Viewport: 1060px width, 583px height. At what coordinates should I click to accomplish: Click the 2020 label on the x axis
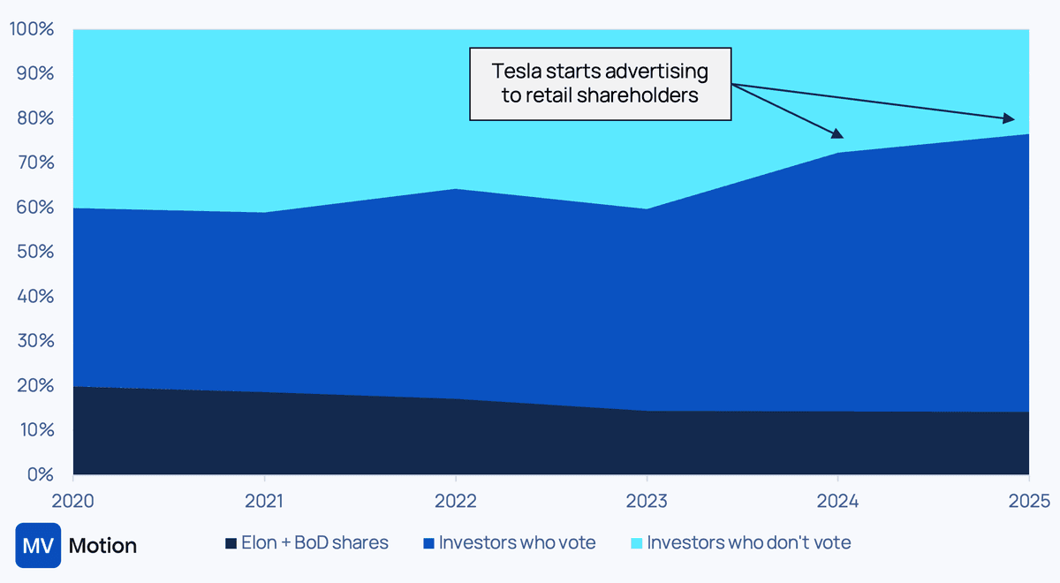point(73,501)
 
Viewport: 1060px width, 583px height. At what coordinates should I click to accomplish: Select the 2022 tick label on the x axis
point(455,501)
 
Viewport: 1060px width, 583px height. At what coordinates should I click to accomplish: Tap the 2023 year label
point(647,501)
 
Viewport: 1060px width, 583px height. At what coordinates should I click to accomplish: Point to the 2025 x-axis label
point(1028,501)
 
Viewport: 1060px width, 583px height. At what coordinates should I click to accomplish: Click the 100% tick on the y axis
point(32,29)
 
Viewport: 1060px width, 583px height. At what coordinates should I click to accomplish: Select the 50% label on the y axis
point(35,253)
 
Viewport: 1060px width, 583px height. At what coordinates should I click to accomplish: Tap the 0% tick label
point(41,475)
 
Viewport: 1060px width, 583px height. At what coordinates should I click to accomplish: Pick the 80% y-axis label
point(35,118)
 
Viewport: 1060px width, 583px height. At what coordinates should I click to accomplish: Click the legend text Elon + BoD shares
point(314,542)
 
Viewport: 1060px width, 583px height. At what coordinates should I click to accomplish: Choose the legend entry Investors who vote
point(517,542)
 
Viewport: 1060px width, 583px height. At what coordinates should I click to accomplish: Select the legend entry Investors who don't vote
point(749,542)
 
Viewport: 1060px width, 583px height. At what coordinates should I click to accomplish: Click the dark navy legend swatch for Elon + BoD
point(231,543)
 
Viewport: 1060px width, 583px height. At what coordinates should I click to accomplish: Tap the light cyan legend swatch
point(639,543)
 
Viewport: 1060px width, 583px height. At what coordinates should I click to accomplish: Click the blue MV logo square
point(38,545)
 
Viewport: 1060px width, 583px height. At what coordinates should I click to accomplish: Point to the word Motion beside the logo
point(102,546)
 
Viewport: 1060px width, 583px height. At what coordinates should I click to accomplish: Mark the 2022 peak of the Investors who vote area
point(455,189)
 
